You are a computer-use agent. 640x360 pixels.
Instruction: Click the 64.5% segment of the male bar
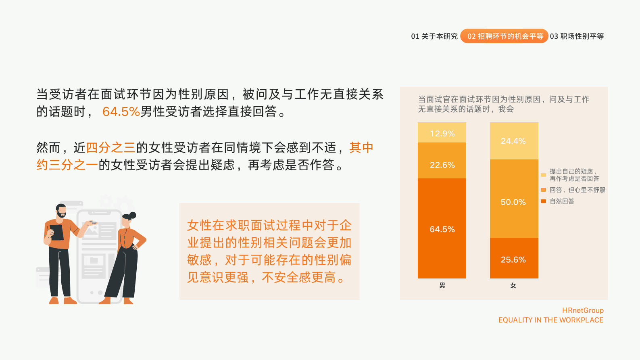click(x=442, y=228)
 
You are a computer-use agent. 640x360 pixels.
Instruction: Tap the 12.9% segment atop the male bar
click(x=442, y=133)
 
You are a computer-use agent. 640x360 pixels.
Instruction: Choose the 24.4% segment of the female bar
click(x=514, y=141)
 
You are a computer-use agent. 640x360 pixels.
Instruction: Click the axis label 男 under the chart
click(x=442, y=285)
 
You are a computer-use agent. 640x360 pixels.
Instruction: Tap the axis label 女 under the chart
click(x=513, y=285)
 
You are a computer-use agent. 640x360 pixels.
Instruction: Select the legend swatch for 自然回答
click(x=543, y=201)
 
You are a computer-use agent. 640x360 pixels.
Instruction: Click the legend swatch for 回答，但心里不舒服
click(x=543, y=190)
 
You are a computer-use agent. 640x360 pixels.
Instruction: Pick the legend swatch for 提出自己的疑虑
click(x=543, y=175)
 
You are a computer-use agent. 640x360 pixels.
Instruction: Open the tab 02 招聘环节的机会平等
click(x=504, y=36)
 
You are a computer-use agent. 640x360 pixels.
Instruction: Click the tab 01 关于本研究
click(x=434, y=36)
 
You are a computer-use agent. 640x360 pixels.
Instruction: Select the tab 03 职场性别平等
click(x=577, y=36)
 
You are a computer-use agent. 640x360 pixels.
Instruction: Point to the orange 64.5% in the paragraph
click(x=121, y=111)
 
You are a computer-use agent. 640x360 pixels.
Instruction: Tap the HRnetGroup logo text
click(x=583, y=310)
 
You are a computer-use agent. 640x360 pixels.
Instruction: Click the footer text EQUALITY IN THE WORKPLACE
click(x=551, y=320)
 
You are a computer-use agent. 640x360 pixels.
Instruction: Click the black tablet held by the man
click(x=57, y=232)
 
